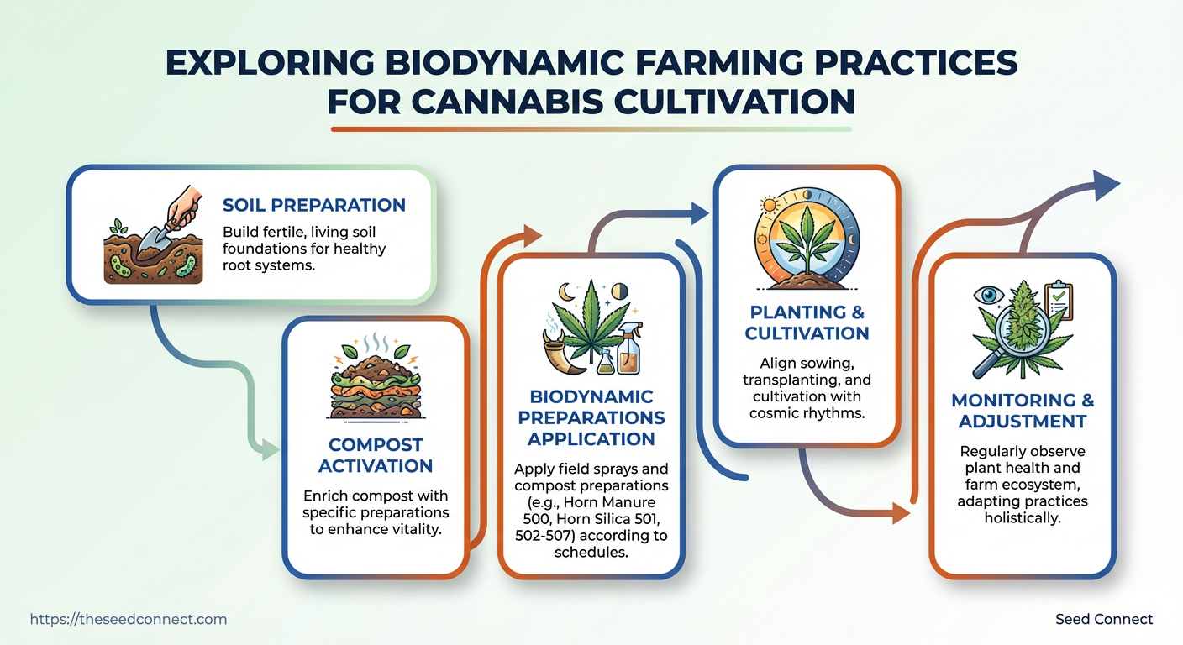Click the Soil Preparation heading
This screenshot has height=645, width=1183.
pos(313,205)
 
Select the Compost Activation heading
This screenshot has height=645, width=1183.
pos(376,455)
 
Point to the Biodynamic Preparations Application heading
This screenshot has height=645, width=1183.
pos(591,417)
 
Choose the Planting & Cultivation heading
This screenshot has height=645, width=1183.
pos(807,322)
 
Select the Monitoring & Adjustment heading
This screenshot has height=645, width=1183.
pos(1023,410)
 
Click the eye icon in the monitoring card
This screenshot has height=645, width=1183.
pos(988,295)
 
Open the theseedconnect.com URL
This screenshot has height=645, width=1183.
pos(129,620)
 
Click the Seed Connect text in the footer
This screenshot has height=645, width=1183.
pos(1103,620)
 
